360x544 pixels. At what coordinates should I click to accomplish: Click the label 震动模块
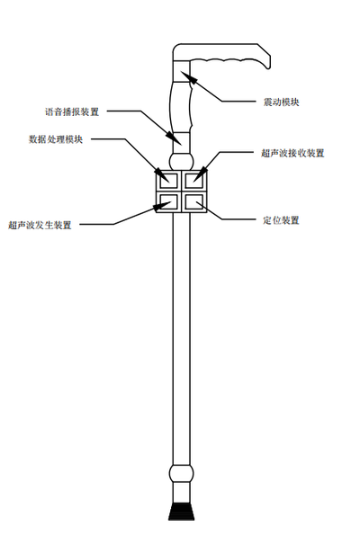coord(281,102)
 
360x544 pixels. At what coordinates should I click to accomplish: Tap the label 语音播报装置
coord(72,111)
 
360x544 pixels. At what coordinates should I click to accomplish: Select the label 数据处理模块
coord(56,139)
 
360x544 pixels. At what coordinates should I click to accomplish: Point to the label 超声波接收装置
coord(292,153)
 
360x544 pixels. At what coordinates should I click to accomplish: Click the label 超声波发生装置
coord(40,225)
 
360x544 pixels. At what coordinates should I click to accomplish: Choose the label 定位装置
coord(281,220)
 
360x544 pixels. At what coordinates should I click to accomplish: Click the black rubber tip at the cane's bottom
coord(181,512)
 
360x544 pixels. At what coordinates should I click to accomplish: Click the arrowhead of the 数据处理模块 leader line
coord(162,175)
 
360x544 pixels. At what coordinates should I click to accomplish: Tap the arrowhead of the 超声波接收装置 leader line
coord(201,174)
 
